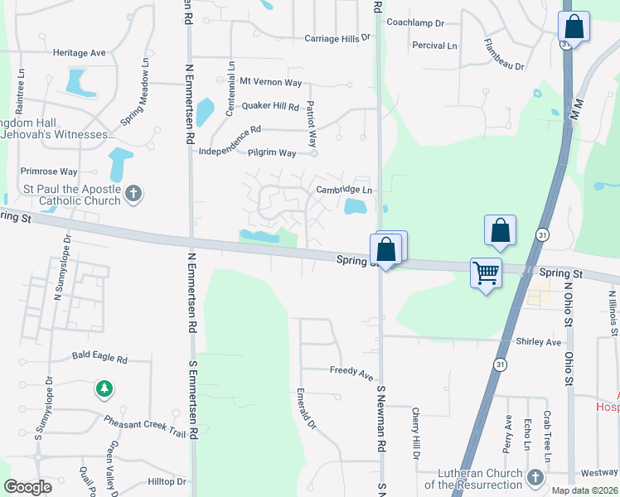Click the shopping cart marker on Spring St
(x=486, y=272)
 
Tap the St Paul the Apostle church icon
(x=133, y=195)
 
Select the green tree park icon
(x=104, y=388)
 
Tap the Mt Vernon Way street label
(x=270, y=81)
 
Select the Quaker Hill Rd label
(x=269, y=106)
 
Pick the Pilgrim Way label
(x=272, y=153)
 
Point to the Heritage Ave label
(x=80, y=53)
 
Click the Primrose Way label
(x=48, y=171)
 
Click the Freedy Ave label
(x=351, y=372)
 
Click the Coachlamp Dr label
(x=415, y=22)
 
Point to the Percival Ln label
(x=434, y=46)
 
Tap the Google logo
(x=28, y=487)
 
